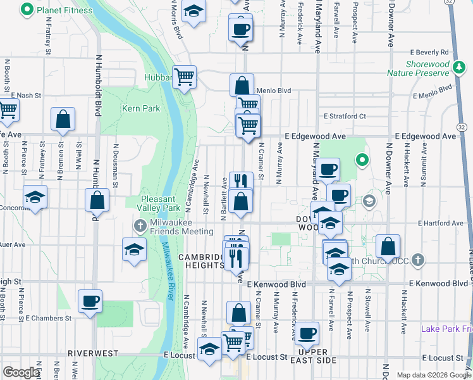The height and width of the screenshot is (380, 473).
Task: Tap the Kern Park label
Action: click(x=140, y=108)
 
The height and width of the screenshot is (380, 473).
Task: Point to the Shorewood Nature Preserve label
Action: click(x=427, y=69)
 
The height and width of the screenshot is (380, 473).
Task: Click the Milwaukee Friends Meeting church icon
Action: click(x=140, y=225)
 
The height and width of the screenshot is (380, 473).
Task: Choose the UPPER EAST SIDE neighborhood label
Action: click(x=313, y=356)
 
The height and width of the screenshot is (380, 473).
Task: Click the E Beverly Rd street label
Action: click(x=429, y=52)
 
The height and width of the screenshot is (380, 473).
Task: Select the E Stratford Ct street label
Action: click(x=345, y=117)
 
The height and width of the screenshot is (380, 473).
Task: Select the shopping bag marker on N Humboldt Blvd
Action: click(x=97, y=200)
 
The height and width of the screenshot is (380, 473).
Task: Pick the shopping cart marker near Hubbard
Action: click(x=184, y=77)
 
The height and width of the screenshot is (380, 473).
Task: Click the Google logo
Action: click(x=21, y=372)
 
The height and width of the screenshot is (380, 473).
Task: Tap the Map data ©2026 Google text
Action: click(x=433, y=375)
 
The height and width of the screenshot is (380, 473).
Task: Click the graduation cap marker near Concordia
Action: click(x=35, y=197)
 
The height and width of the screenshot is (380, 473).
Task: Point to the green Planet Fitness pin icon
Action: click(x=27, y=10)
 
